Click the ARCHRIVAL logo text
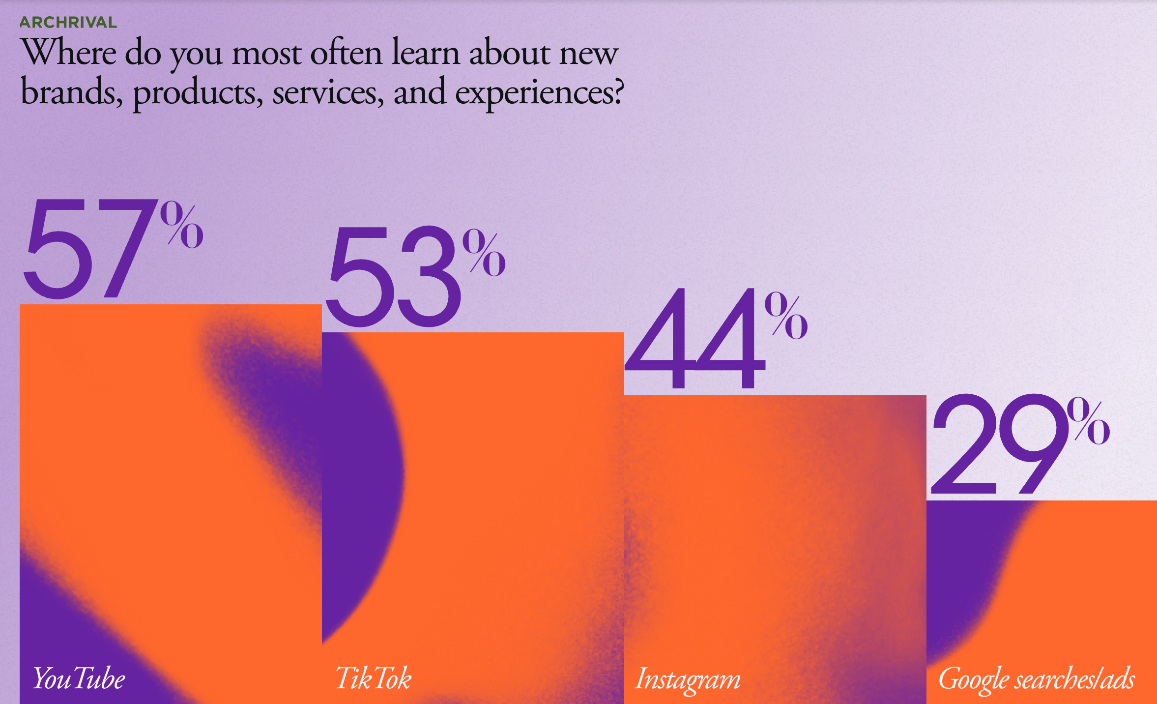[x=68, y=23]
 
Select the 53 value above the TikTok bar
[x=393, y=277]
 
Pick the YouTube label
[x=79, y=679]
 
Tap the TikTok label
[x=373, y=679]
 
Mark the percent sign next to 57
[x=181, y=225]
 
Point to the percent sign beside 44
[x=786, y=316]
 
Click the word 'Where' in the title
[x=69, y=53]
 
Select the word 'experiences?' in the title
[x=539, y=93]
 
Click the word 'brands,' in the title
[x=71, y=92]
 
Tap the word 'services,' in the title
[x=328, y=93]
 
